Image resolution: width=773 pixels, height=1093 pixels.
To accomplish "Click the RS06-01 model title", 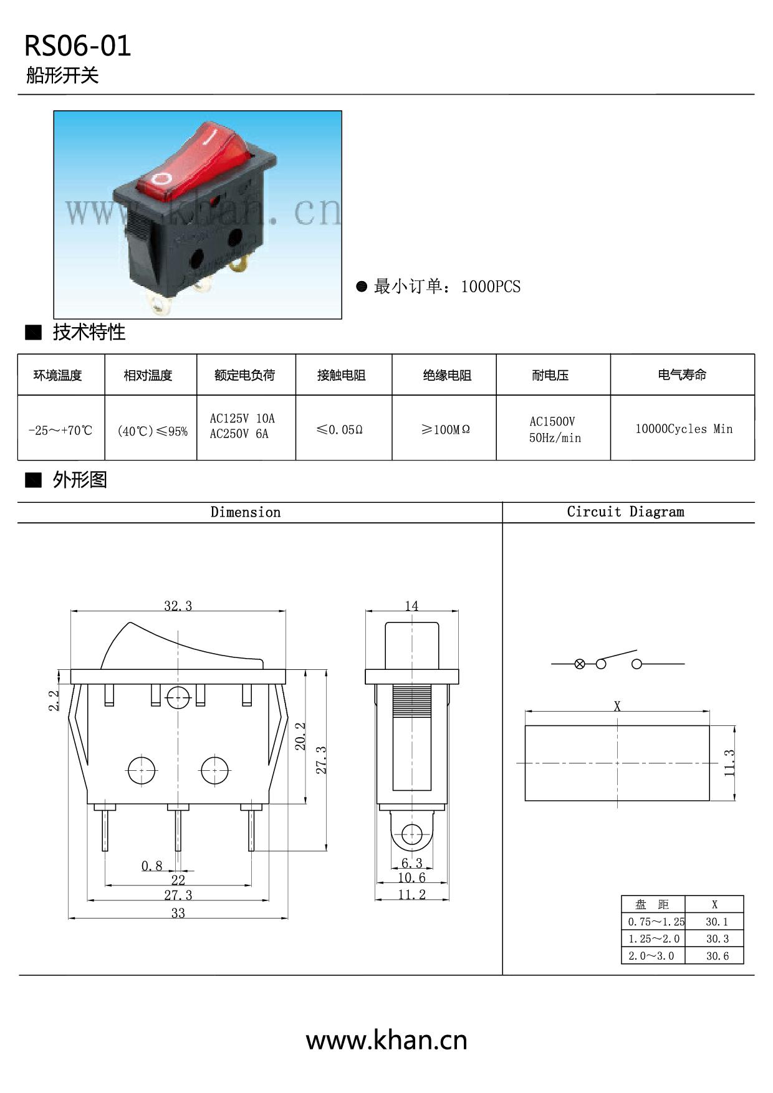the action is (77, 46).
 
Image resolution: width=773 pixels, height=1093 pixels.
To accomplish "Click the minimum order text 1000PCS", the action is (491, 287).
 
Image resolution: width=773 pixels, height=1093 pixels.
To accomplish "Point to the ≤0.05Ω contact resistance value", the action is (340, 429).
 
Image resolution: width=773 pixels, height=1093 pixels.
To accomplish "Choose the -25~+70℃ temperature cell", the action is (60, 430).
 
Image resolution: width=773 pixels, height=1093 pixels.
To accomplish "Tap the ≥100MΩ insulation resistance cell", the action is (445, 429).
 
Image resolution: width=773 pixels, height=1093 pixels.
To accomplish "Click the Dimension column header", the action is (246, 512).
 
